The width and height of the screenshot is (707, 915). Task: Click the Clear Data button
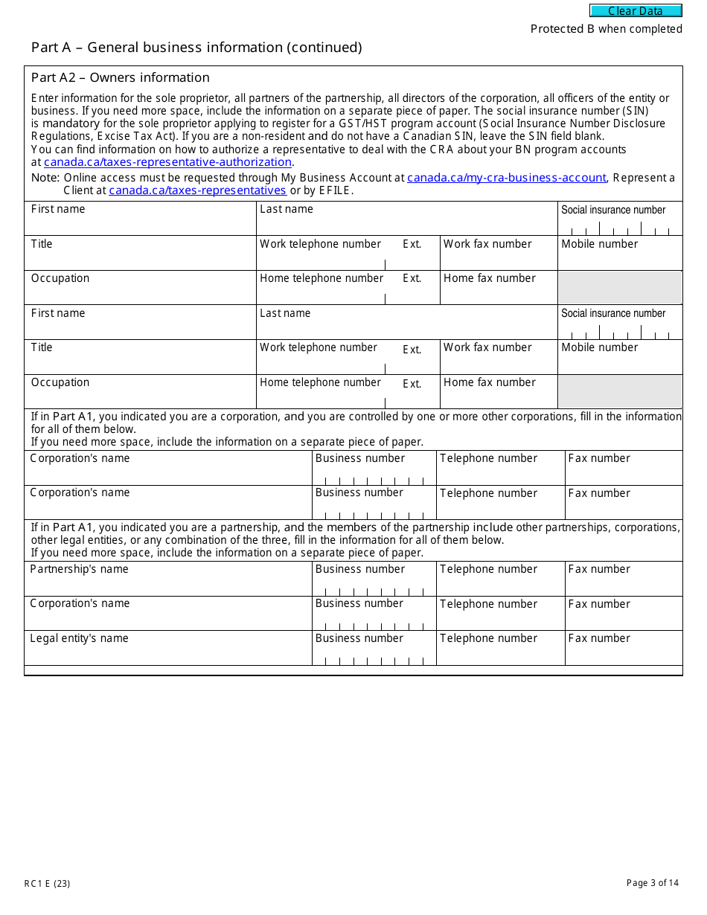tap(636, 11)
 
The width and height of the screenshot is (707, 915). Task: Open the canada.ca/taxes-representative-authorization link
tap(167, 162)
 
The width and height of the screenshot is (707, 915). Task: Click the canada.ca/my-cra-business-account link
tap(507, 178)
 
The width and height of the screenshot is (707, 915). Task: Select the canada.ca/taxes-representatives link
tap(197, 190)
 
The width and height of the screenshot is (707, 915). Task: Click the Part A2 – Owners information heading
tap(121, 77)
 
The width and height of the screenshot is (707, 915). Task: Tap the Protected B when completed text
tap(606, 29)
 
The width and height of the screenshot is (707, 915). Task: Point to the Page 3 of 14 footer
tap(653, 883)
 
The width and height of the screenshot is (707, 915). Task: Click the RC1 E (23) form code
tap(47, 884)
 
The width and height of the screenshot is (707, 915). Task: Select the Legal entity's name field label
tap(79, 638)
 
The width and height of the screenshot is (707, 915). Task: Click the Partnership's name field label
tap(79, 569)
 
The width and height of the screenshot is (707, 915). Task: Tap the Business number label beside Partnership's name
tap(359, 569)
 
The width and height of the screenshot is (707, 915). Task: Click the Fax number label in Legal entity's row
tap(598, 638)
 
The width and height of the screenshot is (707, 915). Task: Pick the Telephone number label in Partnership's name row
tap(488, 569)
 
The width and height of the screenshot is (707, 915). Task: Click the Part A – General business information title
tap(196, 48)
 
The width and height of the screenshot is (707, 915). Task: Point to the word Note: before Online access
tap(45, 178)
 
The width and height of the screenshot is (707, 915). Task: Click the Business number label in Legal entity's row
tap(359, 638)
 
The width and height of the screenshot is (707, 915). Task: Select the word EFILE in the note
tap(336, 190)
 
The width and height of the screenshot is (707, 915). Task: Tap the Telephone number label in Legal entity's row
tap(488, 638)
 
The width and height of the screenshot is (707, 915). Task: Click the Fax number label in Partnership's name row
tap(598, 569)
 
